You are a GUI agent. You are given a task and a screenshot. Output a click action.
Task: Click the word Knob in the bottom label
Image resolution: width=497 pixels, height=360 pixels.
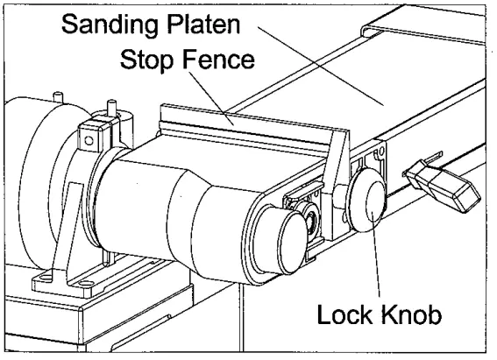coord(419,312)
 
